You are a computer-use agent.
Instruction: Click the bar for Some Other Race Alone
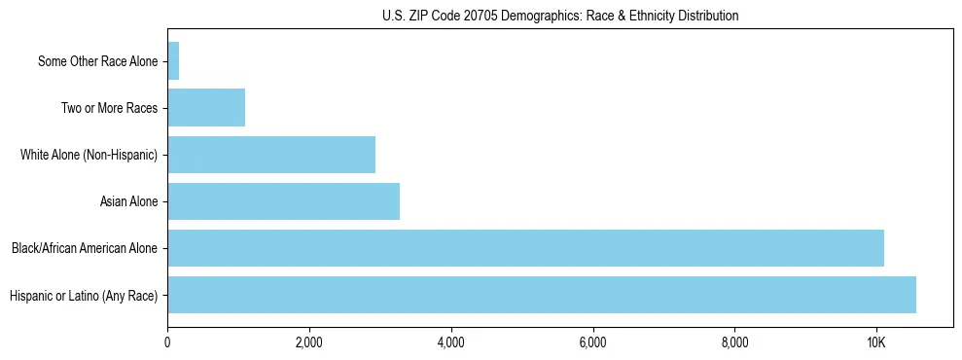pos(173,61)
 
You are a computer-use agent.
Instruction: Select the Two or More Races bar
pos(206,108)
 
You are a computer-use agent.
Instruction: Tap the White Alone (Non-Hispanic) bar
pos(271,155)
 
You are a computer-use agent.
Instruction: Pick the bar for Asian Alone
pos(283,201)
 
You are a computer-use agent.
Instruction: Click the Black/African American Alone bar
pos(525,248)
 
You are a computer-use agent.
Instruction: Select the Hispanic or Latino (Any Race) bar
pos(542,295)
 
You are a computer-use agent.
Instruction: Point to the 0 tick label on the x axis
pos(167,342)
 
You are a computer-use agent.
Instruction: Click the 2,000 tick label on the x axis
pos(309,342)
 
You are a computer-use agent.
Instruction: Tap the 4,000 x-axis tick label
pos(451,342)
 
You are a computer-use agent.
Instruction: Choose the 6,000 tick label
pos(592,342)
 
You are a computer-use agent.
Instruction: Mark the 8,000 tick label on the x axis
pos(734,342)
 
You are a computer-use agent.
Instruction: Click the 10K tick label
pos(876,342)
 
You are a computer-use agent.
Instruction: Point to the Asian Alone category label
pos(128,202)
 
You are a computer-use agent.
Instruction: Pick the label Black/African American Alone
pos(85,249)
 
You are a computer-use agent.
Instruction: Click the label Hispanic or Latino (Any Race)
pos(84,296)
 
